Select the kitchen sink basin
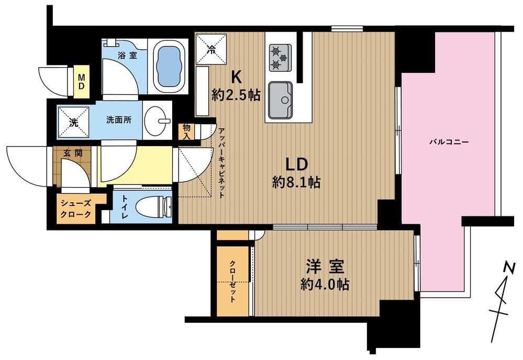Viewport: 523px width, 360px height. [281, 99]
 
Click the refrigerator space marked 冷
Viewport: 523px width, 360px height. [211, 49]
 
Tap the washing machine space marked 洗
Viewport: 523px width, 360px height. [73, 122]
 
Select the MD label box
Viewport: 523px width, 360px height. [81, 81]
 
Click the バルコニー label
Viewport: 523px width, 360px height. [449, 142]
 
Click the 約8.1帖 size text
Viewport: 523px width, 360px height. [296, 182]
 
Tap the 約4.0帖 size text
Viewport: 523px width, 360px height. [325, 285]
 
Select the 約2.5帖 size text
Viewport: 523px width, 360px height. [236, 96]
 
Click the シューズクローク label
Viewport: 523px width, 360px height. [76, 209]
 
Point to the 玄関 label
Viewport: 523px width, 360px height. [73, 154]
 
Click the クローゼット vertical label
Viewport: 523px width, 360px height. [233, 281]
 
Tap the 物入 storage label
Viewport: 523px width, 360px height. [186, 132]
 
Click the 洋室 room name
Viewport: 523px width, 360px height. [325, 267]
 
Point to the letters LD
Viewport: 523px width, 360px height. [296, 165]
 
